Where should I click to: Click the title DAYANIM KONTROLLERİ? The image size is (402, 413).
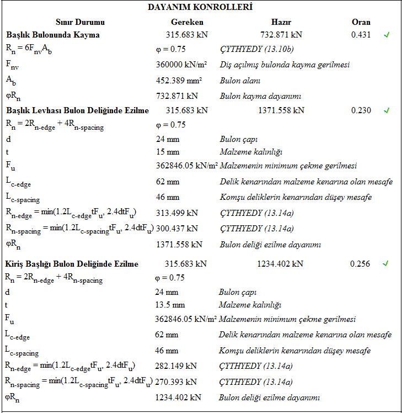pos(200,7)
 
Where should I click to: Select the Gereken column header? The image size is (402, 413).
pos(187,22)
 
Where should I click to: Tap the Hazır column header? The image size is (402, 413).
pos(281,22)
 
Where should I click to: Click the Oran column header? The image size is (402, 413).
pos(361,22)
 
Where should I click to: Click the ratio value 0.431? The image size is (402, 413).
pos(361,35)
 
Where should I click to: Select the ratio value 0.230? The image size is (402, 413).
pos(361,110)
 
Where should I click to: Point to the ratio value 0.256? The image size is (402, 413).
pos(360,264)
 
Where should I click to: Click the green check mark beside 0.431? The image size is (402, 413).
pos(387,35)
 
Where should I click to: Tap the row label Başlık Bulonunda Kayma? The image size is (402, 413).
pos(53,35)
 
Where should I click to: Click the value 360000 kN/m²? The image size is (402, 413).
pos(184,65)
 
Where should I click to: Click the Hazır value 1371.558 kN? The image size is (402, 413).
pos(281,110)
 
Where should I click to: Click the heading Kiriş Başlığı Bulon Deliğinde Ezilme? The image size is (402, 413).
pos(72,264)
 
